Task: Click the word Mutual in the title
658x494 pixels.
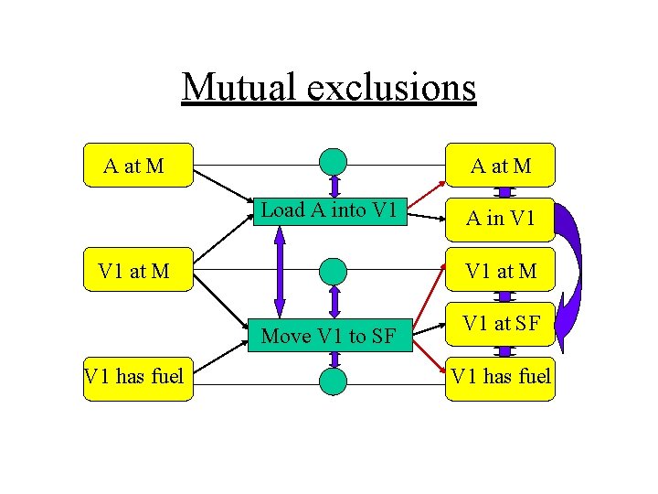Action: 239,87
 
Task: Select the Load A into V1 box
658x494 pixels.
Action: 328,210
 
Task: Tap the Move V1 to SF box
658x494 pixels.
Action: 328,336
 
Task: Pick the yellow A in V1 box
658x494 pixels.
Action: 499,218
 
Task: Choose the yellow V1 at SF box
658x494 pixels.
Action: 499,323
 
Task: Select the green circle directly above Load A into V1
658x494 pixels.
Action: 334,162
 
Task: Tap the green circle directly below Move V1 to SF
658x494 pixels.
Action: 334,381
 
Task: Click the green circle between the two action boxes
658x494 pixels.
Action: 334,271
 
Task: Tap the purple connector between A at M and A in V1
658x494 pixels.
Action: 502,192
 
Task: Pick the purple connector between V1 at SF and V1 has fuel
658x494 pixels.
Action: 502,351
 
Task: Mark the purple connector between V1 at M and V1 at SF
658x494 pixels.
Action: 502,296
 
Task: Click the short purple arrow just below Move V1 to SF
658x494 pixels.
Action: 334,359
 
